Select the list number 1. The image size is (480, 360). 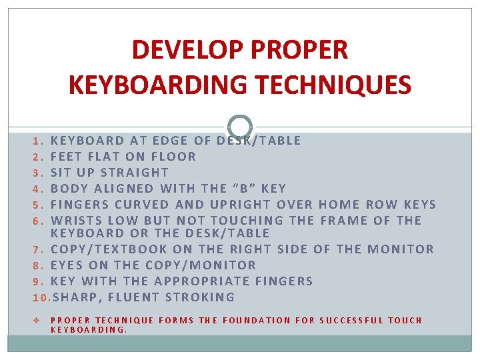(x=37, y=141)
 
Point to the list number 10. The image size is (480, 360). (x=41, y=297)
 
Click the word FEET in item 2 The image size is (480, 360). (x=66, y=157)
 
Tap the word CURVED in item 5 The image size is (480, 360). (x=139, y=205)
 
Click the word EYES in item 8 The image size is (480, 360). (x=66, y=265)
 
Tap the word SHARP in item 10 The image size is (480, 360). (x=72, y=297)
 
